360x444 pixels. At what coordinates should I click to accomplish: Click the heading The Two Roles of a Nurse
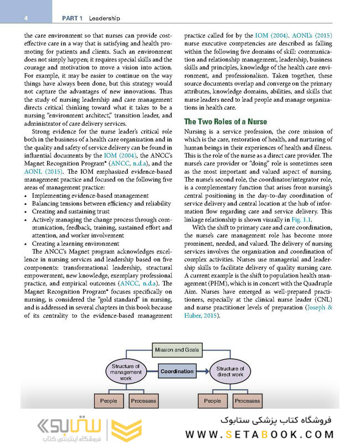click(225, 121)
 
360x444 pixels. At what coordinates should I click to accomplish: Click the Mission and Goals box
click(177, 350)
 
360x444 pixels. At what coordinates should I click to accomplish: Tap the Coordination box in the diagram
click(177, 371)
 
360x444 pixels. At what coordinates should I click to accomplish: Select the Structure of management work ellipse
click(126, 371)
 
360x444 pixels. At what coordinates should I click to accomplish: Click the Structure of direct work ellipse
click(230, 371)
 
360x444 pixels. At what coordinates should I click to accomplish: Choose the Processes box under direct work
click(247, 400)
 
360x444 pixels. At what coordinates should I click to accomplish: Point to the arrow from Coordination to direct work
click(203, 371)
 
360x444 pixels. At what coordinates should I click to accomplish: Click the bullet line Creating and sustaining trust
click(72, 211)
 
